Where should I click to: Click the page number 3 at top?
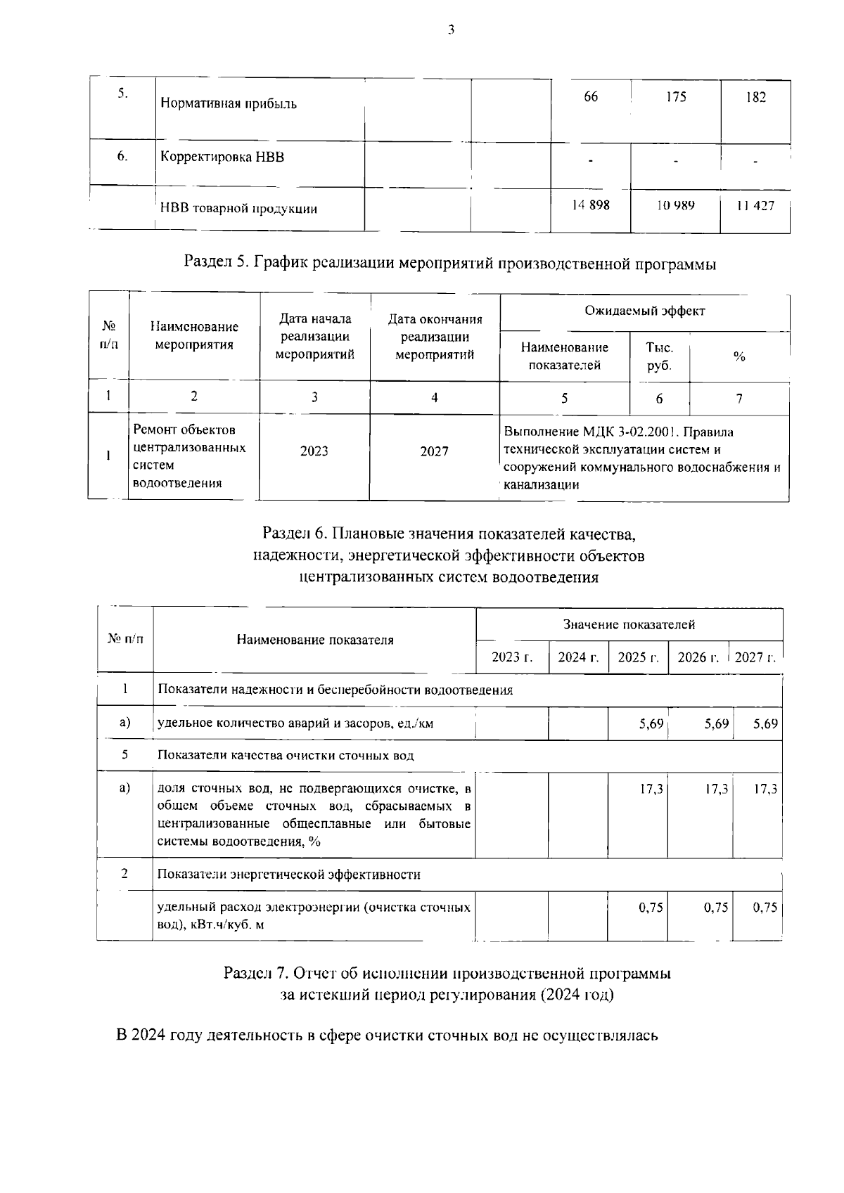tap(451, 30)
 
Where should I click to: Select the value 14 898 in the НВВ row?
tap(590, 205)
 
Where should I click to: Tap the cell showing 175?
tap(675, 97)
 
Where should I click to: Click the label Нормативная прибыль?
tap(229, 104)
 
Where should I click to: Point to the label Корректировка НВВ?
tap(222, 157)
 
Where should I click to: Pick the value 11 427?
tap(755, 205)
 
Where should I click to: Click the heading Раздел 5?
tap(449, 264)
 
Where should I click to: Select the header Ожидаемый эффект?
tap(645, 311)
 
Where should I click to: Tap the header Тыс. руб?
tap(659, 356)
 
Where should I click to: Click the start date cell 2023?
tap(314, 451)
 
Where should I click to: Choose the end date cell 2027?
tap(434, 451)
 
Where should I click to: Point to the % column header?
tap(738, 357)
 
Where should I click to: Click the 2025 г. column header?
tap(637, 657)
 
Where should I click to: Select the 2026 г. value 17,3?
tap(716, 789)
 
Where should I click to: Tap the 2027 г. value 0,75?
tap(765, 907)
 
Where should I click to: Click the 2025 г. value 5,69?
tap(651, 723)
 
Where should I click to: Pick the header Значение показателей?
tap(629, 624)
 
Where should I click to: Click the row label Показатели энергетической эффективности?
tap(288, 875)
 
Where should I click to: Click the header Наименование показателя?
tap(314, 640)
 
